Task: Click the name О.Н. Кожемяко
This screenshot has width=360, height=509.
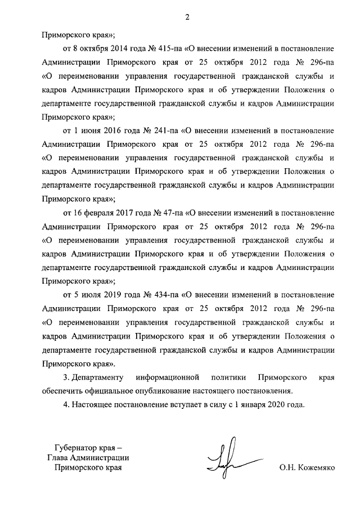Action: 306,467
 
